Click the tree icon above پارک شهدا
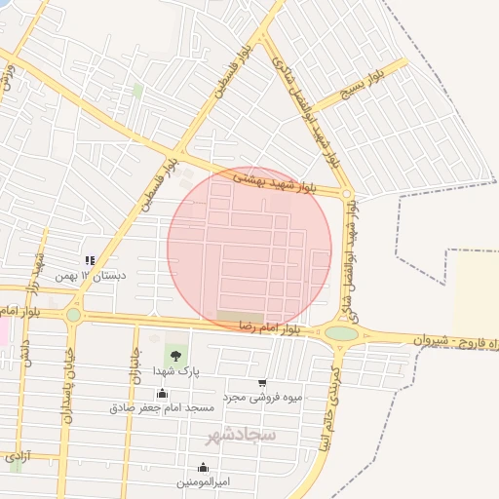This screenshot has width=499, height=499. [x=176, y=356]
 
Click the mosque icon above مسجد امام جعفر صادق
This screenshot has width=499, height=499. [x=162, y=393]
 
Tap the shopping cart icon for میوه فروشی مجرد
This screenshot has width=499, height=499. [x=262, y=383]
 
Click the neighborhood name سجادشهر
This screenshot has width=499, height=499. [x=242, y=433]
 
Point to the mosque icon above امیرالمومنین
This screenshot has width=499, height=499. [x=203, y=467]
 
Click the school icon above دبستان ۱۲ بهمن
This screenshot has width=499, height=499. [x=90, y=260]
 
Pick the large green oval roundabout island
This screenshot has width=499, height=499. [x=341, y=333]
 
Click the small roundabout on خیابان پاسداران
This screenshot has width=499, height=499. [x=73, y=315]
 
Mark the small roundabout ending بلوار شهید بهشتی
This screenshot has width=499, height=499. [x=346, y=193]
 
